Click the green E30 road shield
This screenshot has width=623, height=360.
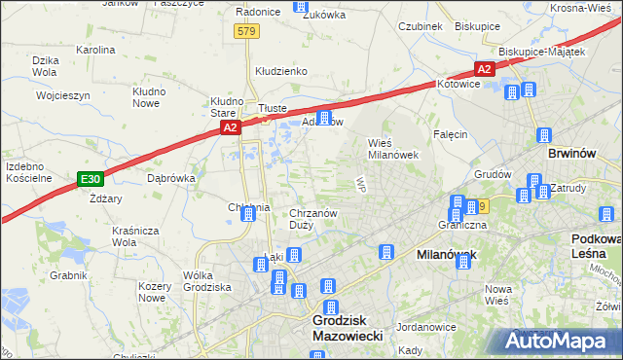click(x=90, y=179)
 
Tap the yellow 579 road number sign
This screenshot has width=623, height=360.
click(x=246, y=32)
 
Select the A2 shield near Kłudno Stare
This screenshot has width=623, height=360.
click(x=229, y=127)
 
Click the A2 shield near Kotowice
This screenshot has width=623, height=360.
click(x=484, y=68)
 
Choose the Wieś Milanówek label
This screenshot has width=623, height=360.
click(x=392, y=148)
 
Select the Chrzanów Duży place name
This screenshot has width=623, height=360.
click(x=313, y=219)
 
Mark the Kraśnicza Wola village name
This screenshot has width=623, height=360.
click(x=135, y=237)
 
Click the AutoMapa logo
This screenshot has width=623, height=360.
click(x=562, y=342)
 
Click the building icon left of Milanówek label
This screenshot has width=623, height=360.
click(x=386, y=252)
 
